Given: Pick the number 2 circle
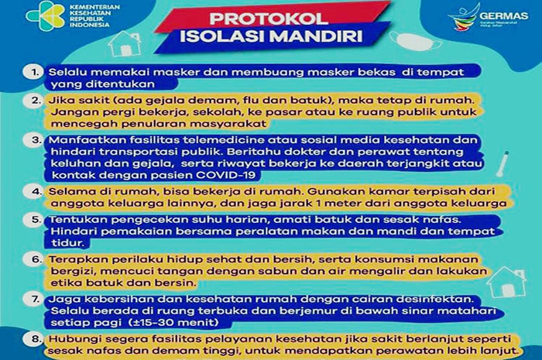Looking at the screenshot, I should coord(33,100).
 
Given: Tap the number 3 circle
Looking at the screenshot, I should coord(33,140).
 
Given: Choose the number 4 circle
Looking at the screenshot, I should coord(33,189).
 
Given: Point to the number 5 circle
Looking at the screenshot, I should coord(33,220).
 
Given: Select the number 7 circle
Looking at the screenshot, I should coord(33,297).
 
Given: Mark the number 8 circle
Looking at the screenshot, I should coord(33,338).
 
